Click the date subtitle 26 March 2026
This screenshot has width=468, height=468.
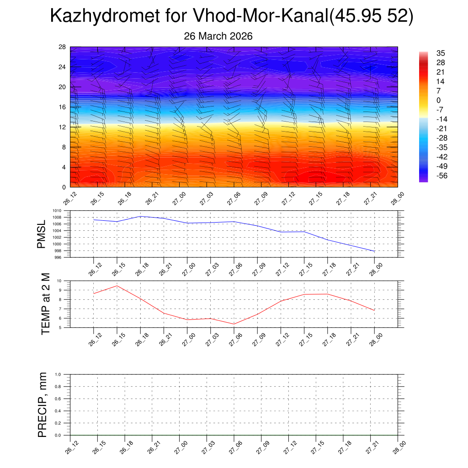[218, 36]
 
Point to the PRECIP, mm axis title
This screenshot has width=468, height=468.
[43, 404]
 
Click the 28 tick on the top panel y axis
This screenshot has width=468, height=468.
[62, 47]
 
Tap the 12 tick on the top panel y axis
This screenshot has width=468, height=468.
[62, 127]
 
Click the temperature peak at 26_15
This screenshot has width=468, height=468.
[117, 286]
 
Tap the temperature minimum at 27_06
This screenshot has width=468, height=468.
[234, 324]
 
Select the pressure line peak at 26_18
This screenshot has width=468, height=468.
[140, 216]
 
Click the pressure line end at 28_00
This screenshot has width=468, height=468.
[374, 251]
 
